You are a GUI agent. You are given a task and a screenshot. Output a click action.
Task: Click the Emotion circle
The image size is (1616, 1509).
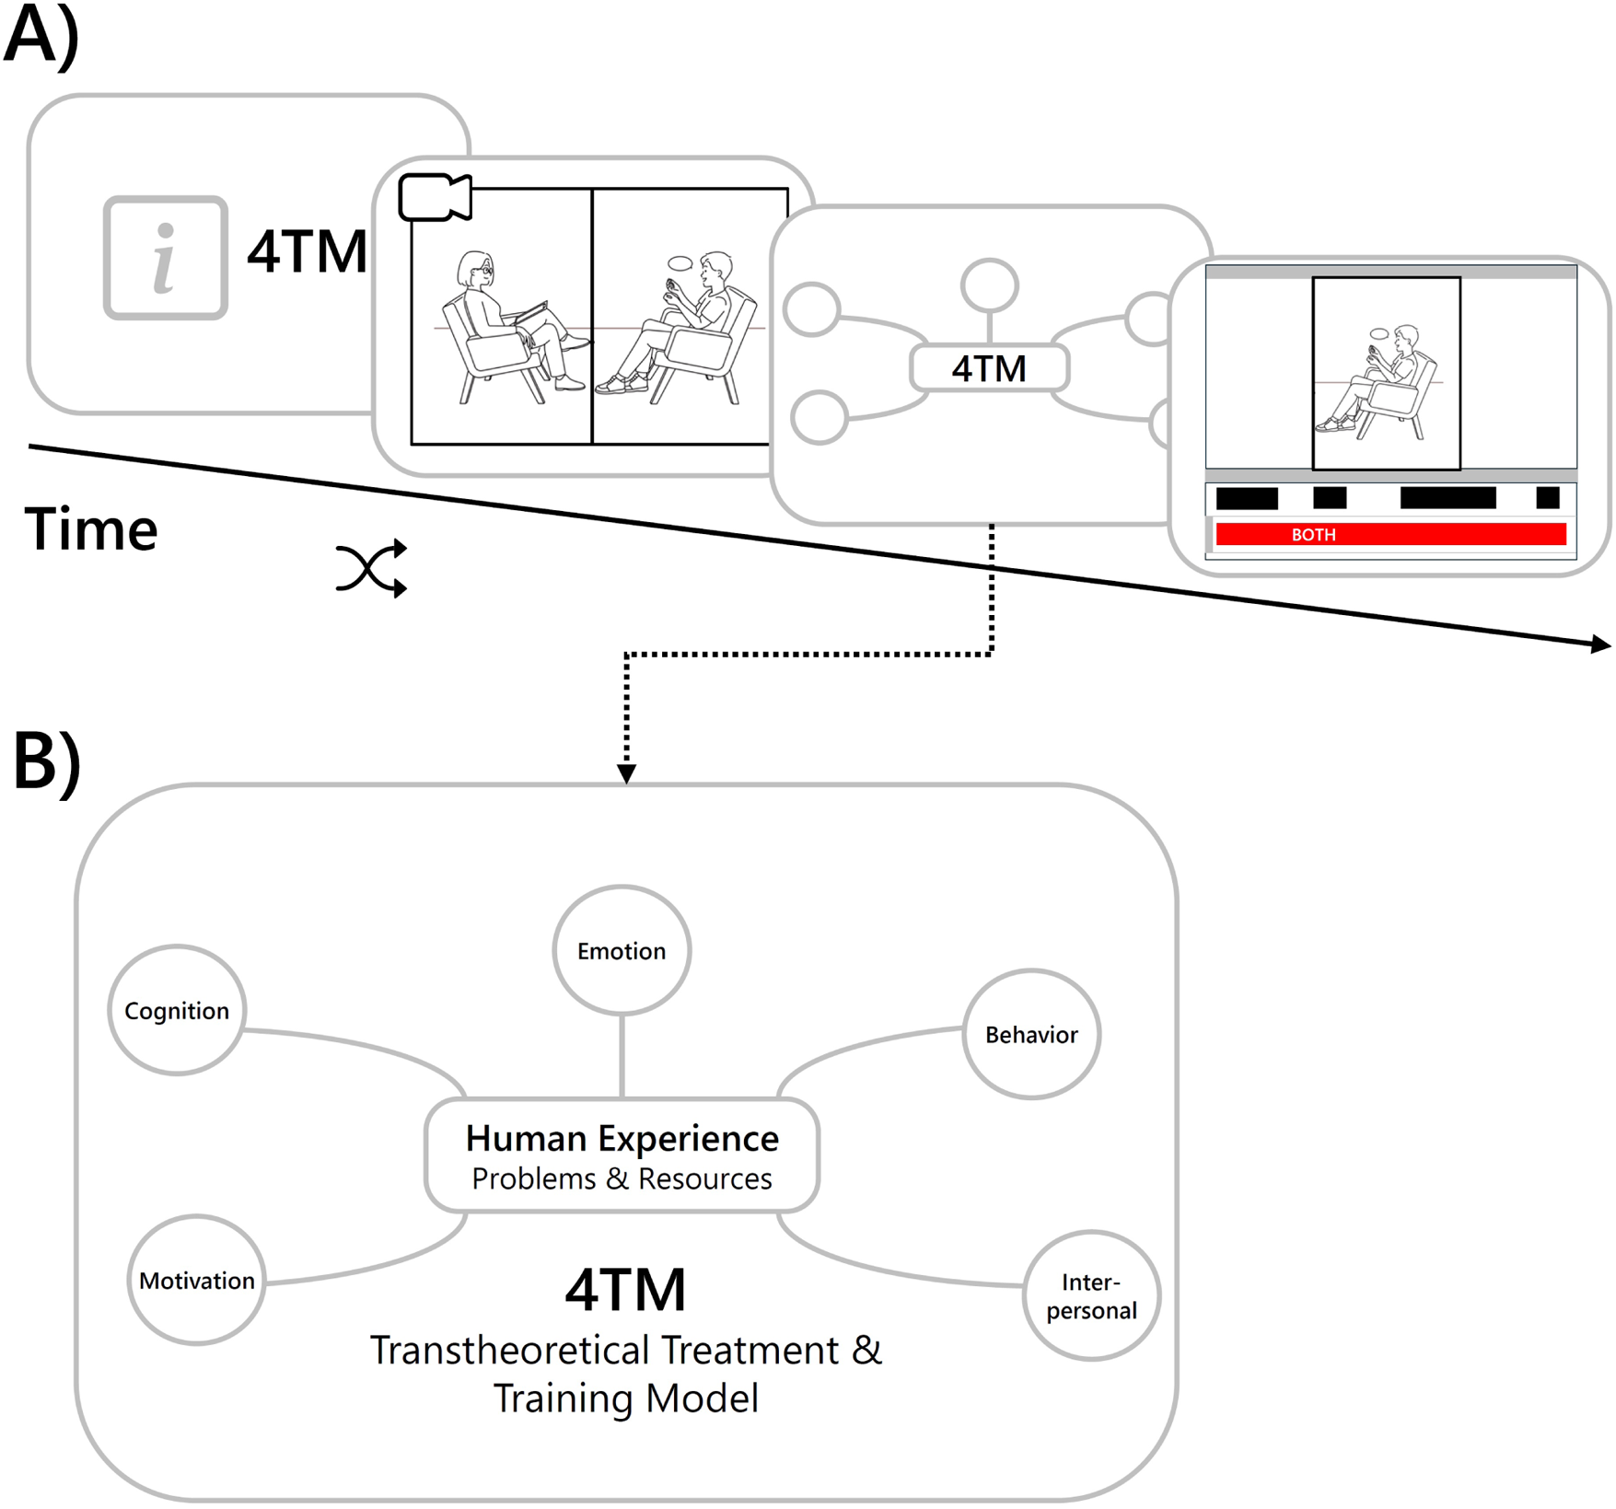point(622,950)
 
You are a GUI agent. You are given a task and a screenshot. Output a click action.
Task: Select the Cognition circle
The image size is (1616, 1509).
point(177,1010)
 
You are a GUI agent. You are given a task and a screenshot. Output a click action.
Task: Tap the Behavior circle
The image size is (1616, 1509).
point(1031,1034)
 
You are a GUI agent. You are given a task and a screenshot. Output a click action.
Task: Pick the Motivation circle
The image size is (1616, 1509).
point(196,1280)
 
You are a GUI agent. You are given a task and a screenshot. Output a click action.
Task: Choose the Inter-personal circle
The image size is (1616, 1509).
point(1091,1295)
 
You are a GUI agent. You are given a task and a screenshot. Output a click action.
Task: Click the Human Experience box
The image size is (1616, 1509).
point(622,1155)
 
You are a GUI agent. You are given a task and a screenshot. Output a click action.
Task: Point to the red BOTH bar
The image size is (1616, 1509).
point(1390,534)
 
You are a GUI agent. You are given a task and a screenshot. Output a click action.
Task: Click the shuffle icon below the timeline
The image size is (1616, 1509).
point(372,568)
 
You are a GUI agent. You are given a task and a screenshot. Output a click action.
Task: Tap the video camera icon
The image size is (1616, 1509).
point(435,197)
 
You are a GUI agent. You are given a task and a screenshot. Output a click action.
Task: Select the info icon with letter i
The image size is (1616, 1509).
point(166,258)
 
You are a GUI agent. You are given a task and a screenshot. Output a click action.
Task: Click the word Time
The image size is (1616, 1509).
point(91,529)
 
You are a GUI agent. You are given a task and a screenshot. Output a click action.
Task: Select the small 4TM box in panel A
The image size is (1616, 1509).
point(989,368)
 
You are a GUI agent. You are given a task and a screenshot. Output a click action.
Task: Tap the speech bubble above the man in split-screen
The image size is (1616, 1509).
point(680,264)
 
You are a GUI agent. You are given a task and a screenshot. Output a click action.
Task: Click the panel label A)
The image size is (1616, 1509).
point(41,34)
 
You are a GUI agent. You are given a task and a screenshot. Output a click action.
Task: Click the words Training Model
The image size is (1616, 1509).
point(626,1398)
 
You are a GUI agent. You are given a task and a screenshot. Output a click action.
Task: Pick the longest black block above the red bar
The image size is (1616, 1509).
point(1447,498)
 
